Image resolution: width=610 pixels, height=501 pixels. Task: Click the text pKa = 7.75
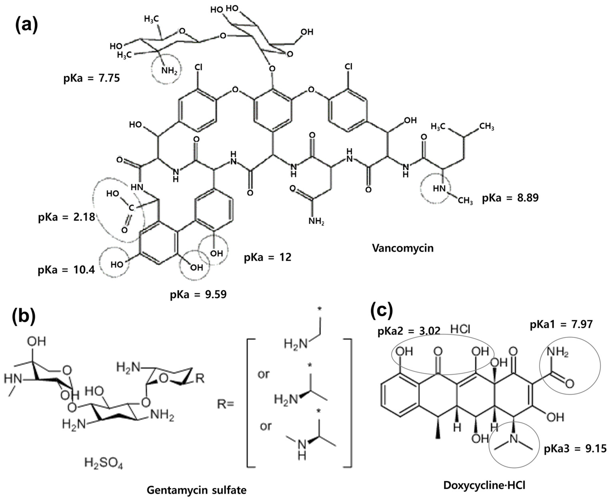pyautogui.click(x=92, y=78)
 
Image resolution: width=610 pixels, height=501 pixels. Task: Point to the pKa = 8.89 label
pyautogui.click(x=510, y=198)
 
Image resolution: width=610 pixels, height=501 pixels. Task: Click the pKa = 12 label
pyautogui.click(x=268, y=257)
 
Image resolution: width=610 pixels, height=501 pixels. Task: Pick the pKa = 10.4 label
pyautogui.click(x=66, y=270)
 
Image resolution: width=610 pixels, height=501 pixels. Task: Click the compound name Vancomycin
pyautogui.click(x=403, y=248)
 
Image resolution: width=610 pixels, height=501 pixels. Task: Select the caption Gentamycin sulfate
pyautogui.click(x=196, y=490)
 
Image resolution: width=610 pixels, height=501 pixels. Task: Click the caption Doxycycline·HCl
pyautogui.click(x=484, y=485)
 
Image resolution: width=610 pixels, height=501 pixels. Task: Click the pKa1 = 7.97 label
pyautogui.click(x=561, y=324)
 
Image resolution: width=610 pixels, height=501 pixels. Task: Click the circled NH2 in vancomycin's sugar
pyautogui.click(x=169, y=71)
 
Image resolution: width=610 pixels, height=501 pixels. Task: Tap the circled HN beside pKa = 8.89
pyautogui.click(x=439, y=189)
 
